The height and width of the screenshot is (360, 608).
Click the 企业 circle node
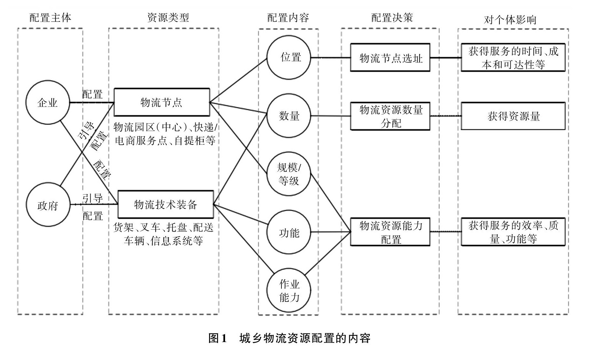pos(48,102)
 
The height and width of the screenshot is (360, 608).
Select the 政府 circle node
pos(48,205)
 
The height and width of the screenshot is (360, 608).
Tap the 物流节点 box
pos(162,102)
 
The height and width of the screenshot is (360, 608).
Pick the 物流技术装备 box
pos(166,204)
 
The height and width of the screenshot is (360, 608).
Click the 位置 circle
pos(289,57)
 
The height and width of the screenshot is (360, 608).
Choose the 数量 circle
pos(289,116)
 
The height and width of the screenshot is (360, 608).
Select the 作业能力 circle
pos(289,290)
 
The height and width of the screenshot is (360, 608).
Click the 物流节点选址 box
pos(390,58)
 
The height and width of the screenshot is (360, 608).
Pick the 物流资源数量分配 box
pos(390,116)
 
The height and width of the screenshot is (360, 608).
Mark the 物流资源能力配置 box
pos(390,232)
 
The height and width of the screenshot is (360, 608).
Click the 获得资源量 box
pos(513,116)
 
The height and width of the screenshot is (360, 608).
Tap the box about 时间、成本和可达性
pos(513,58)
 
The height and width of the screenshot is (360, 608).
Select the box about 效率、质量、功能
pos(513,232)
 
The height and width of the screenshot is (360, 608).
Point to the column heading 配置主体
pos(50,18)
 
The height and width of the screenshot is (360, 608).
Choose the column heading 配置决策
pos(392,18)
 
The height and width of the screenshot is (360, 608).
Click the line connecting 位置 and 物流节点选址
pos(330,58)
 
